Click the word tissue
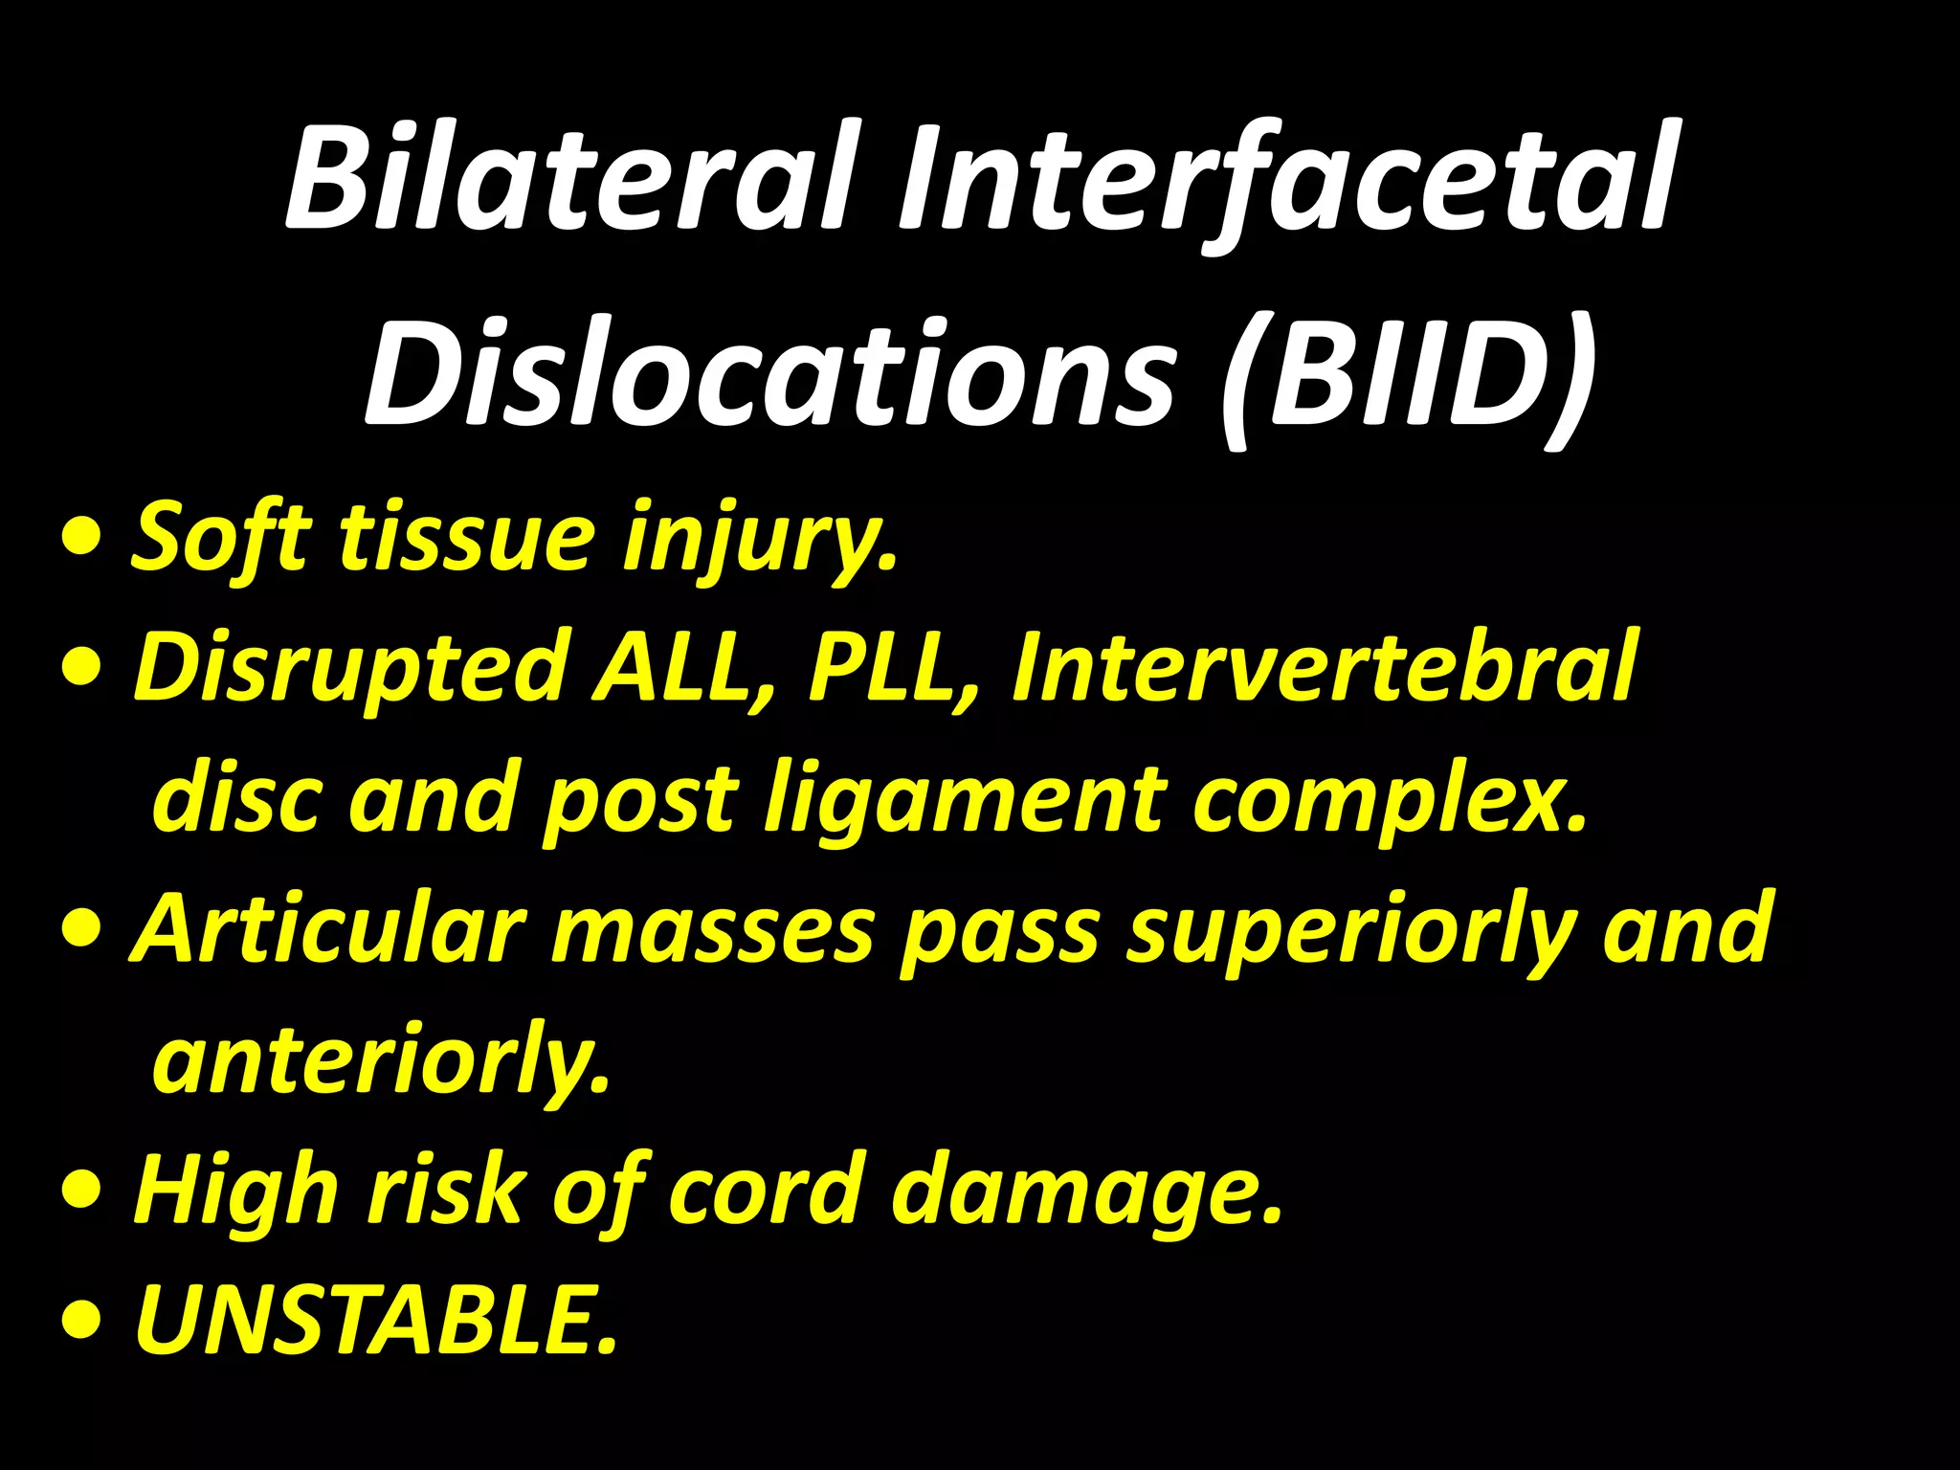[x=466, y=536]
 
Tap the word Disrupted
[x=350, y=668]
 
